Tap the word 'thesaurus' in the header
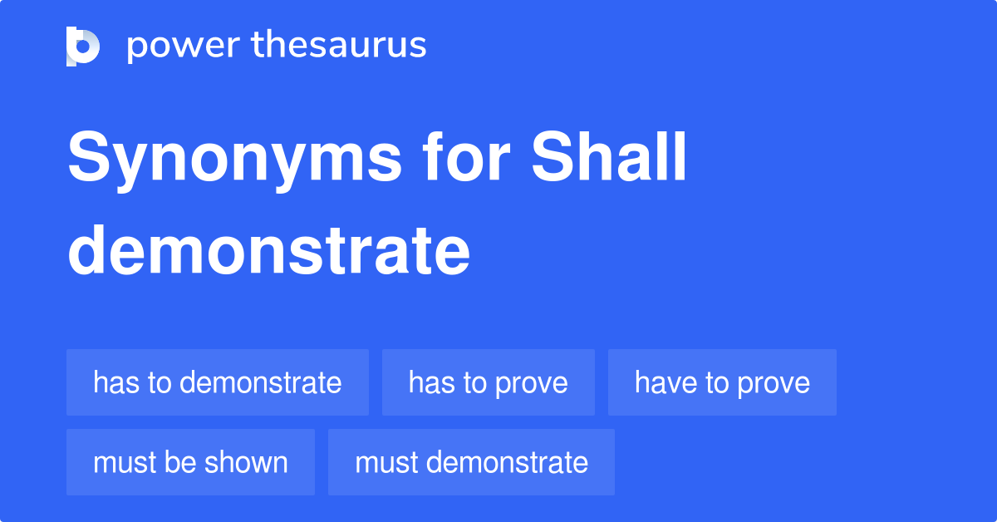[x=339, y=46]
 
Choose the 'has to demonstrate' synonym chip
[x=218, y=382]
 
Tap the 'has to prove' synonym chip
[x=489, y=382]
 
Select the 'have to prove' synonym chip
[x=722, y=382]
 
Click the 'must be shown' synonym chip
[x=190, y=462]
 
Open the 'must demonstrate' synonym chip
[x=471, y=462]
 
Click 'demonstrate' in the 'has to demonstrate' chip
[x=261, y=382]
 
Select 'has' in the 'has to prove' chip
[x=430, y=382]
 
